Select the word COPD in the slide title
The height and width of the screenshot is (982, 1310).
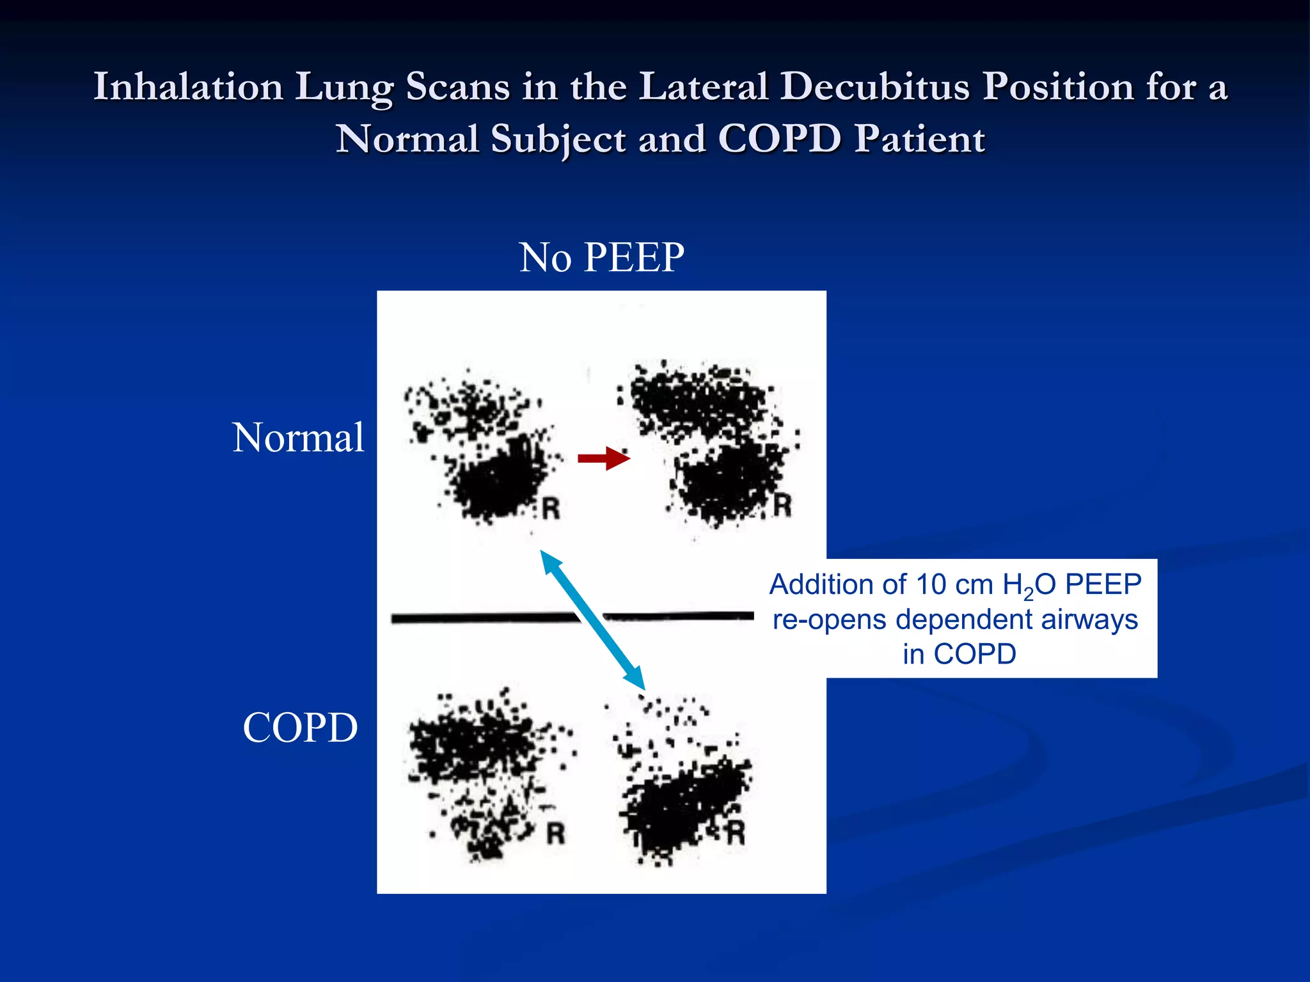click(778, 139)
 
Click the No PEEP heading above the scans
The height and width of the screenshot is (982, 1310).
click(601, 258)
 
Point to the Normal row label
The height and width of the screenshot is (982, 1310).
click(298, 438)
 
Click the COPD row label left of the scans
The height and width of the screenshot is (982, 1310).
click(300, 728)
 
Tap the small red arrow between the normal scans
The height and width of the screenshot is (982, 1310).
click(604, 458)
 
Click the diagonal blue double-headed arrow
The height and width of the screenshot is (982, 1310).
click(592, 621)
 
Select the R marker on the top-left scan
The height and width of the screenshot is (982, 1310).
click(551, 509)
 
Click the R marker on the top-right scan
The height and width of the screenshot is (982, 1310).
click(782, 504)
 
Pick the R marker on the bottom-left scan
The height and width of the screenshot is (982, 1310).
click(555, 833)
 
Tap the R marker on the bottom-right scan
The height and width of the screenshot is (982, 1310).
click(736, 833)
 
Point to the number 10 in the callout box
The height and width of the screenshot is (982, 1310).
click(931, 584)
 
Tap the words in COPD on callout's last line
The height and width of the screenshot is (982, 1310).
click(959, 654)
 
